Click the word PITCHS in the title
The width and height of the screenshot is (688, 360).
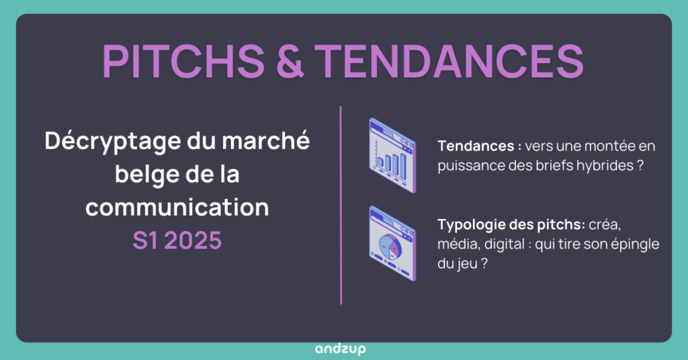tap(183, 61)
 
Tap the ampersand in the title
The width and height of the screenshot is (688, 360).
tap(290, 61)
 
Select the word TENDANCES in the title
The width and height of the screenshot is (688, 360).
tap(449, 61)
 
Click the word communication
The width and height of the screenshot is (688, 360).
tap(177, 207)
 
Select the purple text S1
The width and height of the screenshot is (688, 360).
tap(146, 240)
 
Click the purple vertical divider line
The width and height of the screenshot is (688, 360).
tap(341, 206)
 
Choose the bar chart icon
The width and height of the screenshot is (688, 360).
tap(392, 155)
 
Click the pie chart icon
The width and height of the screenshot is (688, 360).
tap(392, 244)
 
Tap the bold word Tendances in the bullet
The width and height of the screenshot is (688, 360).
tap(476, 146)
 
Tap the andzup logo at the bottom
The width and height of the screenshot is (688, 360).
tap(341, 349)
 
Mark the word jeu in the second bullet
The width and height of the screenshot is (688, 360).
tap(466, 264)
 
